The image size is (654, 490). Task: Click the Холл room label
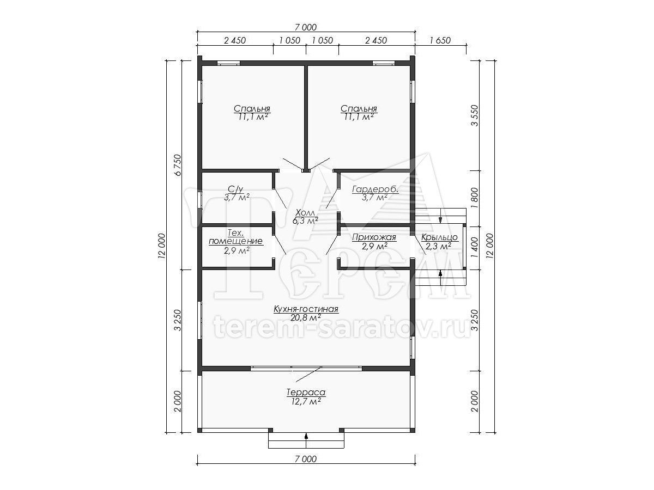[x=305, y=213]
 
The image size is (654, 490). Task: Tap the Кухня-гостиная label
[x=306, y=309]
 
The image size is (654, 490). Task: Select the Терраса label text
[x=306, y=393]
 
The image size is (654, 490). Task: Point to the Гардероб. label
[x=375, y=189]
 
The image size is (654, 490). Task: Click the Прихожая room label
[x=374, y=237]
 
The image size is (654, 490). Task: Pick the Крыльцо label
[x=439, y=237]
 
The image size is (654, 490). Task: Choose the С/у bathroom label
[x=235, y=189]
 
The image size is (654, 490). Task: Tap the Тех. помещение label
[x=235, y=237]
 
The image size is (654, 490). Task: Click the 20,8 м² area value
[x=306, y=318]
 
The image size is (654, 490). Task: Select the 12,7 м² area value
[x=306, y=402]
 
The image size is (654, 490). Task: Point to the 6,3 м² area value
[x=305, y=220]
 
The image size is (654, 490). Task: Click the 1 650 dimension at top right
[x=440, y=40]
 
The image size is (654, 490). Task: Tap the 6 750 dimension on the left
[x=178, y=165]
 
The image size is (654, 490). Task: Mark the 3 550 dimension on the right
[x=475, y=115]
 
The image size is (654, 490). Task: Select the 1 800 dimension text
[x=475, y=198]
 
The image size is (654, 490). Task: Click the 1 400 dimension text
[x=475, y=248]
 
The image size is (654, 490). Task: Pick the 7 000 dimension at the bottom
[x=306, y=459]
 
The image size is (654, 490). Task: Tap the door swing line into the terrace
[x=308, y=374]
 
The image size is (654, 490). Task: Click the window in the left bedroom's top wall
[x=228, y=63]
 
